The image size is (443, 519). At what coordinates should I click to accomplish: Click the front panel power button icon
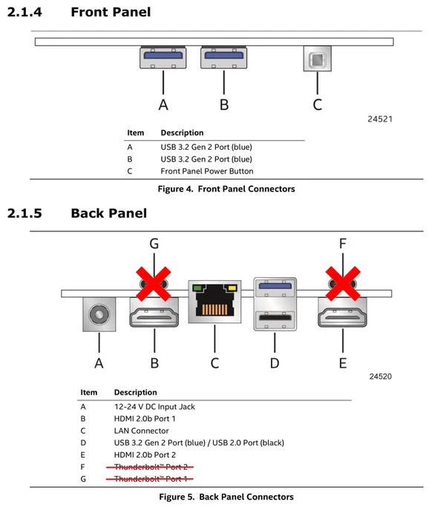point(317,59)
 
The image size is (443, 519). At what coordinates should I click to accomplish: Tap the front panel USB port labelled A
point(163,58)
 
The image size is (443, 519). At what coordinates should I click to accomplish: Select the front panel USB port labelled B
point(223,58)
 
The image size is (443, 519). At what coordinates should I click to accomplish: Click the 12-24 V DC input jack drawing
point(99,314)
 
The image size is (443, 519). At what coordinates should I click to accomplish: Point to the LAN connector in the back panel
point(214,302)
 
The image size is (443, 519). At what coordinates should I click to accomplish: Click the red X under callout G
point(154,284)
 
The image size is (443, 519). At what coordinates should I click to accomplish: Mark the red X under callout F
point(343,284)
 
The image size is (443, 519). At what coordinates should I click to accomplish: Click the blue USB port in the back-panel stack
point(275,288)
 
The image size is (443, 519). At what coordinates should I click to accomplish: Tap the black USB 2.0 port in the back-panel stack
point(275,320)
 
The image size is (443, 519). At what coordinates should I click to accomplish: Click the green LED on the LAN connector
point(197,288)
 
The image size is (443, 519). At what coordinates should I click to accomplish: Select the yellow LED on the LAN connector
point(232,288)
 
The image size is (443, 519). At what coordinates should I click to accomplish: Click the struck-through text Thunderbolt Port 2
point(151,467)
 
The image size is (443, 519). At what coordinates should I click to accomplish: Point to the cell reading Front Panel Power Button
point(207,171)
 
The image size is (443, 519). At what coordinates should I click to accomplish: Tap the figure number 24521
point(380,119)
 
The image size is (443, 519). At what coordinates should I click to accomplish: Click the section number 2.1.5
point(24,214)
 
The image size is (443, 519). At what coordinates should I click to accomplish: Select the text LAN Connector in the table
point(142,431)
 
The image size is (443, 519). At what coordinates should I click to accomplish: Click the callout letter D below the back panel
point(275,363)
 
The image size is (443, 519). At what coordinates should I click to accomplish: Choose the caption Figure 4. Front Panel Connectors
point(226,189)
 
